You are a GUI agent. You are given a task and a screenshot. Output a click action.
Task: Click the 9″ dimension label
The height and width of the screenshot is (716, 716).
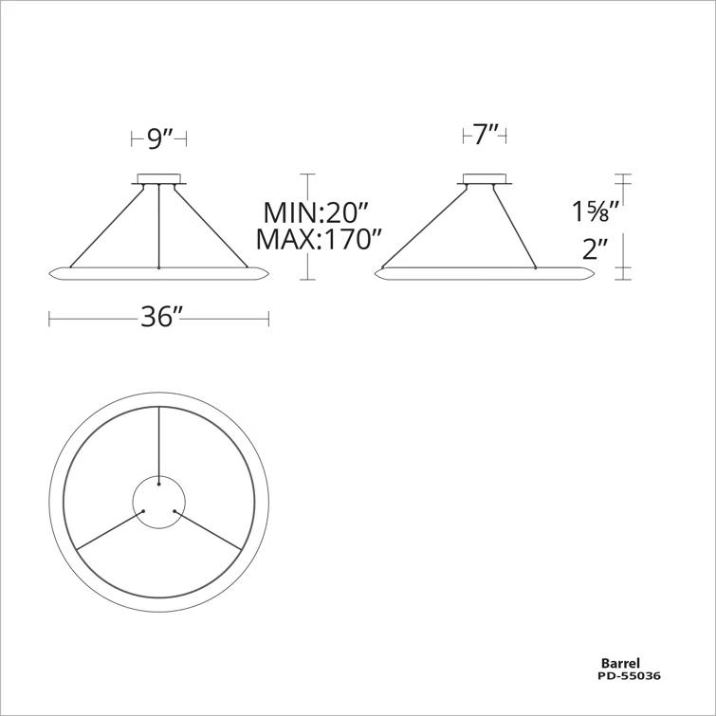[158, 138]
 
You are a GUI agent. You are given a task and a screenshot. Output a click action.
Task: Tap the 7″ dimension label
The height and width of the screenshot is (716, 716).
[485, 136]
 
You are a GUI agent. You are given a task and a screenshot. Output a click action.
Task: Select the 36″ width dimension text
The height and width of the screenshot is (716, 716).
[160, 318]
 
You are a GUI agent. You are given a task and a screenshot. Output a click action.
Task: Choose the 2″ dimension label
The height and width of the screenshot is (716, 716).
[595, 250]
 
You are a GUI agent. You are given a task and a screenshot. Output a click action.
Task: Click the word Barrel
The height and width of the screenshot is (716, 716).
[620, 664]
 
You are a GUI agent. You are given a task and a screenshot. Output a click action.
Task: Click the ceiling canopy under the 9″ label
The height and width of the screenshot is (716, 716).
[158, 177]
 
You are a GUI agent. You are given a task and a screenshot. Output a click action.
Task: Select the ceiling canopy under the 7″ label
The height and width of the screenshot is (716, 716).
[485, 178]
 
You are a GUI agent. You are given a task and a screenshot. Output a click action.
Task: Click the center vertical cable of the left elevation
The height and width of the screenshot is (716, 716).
[158, 228]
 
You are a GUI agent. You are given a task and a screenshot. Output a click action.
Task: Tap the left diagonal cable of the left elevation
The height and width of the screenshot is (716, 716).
[107, 227]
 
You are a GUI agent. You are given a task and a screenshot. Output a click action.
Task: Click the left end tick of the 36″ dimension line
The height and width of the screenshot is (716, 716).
[49, 319]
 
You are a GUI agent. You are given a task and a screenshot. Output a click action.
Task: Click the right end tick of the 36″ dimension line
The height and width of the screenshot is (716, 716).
[269, 319]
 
